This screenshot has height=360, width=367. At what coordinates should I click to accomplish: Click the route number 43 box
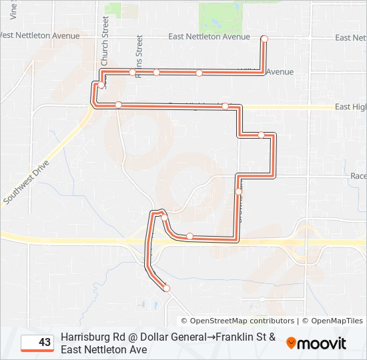coord(37,343)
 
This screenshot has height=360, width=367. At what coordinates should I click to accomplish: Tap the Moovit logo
coord(316,343)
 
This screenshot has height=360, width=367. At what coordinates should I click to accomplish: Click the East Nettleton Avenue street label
coord(209,37)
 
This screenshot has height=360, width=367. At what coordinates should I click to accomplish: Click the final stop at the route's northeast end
coord(264,39)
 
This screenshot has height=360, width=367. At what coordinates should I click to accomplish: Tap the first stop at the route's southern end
coord(166,288)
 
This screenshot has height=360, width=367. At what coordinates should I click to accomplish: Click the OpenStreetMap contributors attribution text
coord(238,321)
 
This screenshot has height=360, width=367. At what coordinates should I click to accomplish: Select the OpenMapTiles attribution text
coord(337,321)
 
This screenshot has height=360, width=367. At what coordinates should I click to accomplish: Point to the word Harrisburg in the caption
coord(87,337)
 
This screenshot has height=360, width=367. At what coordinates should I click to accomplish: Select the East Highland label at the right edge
coord(350,107)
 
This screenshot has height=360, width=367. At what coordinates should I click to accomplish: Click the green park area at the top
coord(221,16)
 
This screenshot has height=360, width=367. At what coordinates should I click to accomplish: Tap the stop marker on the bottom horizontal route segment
coord(190,236)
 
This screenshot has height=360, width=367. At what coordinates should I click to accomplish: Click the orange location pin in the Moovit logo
coord(292,343)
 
